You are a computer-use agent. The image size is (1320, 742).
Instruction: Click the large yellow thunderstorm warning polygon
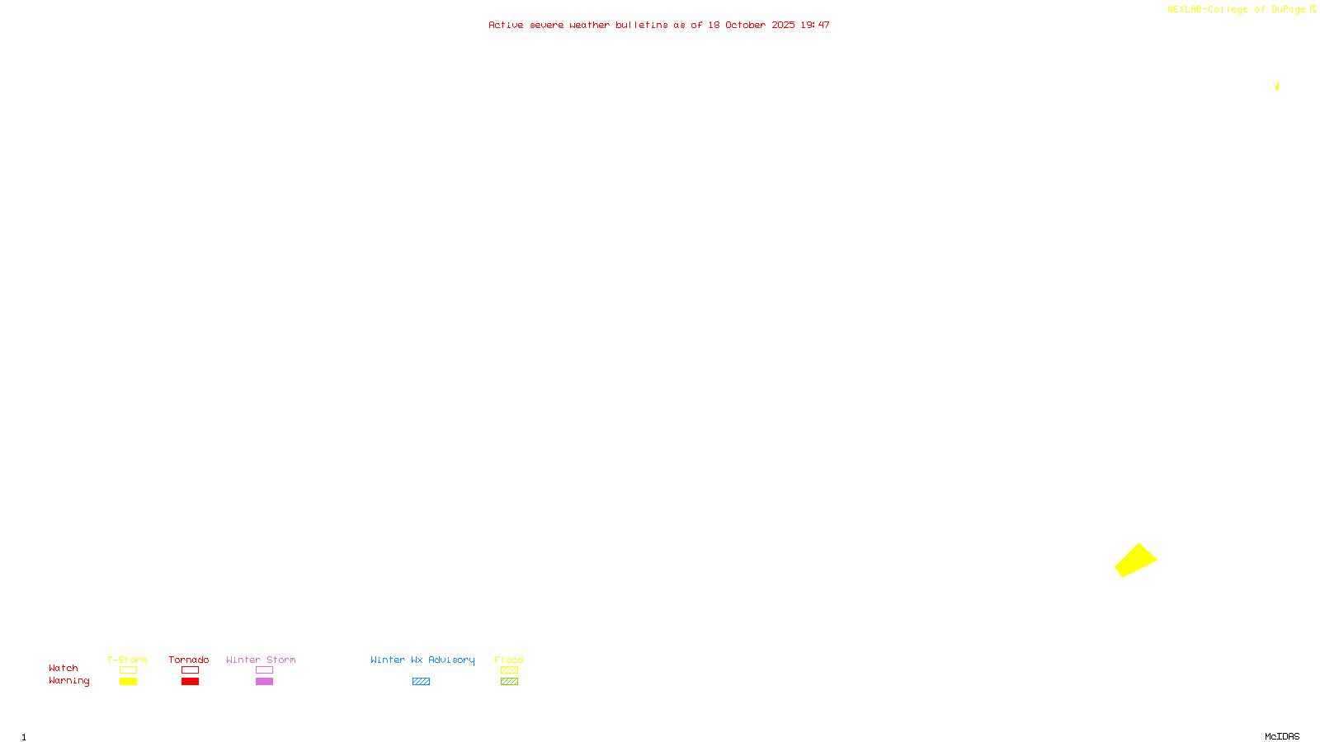(x=1135, y=561)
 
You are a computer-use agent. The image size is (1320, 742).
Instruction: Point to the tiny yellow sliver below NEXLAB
(x=1277, y=86)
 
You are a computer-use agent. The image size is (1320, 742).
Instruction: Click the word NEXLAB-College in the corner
(x=1207, y=10)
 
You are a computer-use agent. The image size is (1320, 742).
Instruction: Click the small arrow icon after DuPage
(x=1313, y=9)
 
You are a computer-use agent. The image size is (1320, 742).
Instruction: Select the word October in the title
(x=745, y=25)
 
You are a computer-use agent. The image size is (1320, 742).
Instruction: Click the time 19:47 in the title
(x=815, y=25)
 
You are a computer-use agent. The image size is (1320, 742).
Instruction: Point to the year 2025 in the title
(x=783, y=25)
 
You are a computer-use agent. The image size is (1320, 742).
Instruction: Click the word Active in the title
(x=506, y=25)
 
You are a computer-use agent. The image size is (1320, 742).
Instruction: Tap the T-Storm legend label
(x=127, y=660)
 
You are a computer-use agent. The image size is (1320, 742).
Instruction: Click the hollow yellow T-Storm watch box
(x=128, y=670)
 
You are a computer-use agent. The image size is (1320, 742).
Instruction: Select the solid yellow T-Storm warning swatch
(x=128, y=682)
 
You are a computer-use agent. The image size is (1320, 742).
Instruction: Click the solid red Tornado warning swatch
(x=190, y=682)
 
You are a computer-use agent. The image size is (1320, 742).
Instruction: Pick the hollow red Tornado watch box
(x=190, y=670)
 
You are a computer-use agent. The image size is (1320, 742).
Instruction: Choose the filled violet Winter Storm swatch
(x=264, y=682)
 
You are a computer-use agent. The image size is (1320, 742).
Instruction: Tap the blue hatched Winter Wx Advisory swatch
(x=421, y=682)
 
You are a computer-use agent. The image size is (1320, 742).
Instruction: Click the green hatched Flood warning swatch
(x=509, y=682)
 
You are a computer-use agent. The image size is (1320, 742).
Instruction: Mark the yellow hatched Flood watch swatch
(x=509, y=670)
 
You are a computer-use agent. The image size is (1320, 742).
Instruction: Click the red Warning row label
(x=68, y=681)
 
